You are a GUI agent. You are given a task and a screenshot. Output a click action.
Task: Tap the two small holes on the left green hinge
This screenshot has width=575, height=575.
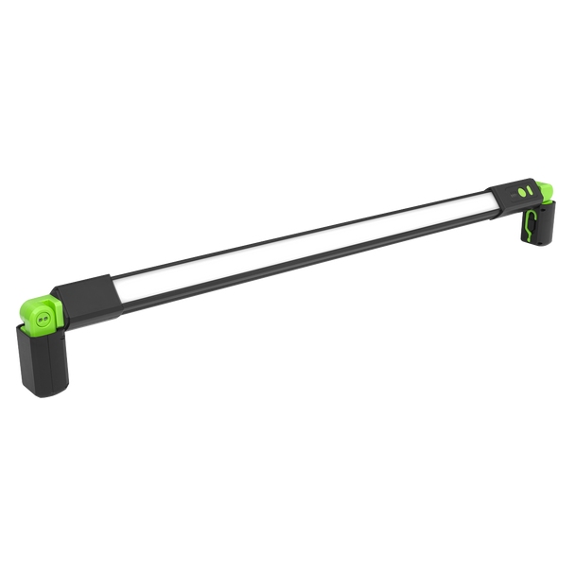tap(43, 320)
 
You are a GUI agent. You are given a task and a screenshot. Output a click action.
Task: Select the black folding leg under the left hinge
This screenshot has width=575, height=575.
tap(43, 364)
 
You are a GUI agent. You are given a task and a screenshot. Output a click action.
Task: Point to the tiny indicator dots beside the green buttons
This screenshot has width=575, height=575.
tap(513, 196)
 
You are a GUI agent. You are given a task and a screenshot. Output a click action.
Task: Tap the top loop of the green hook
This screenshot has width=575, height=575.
tap(531, 214)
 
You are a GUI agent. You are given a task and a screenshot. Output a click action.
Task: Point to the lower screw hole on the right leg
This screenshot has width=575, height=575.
tap(539, 243)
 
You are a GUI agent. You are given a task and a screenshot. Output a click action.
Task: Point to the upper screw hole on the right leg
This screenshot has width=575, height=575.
tap(543, 210)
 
